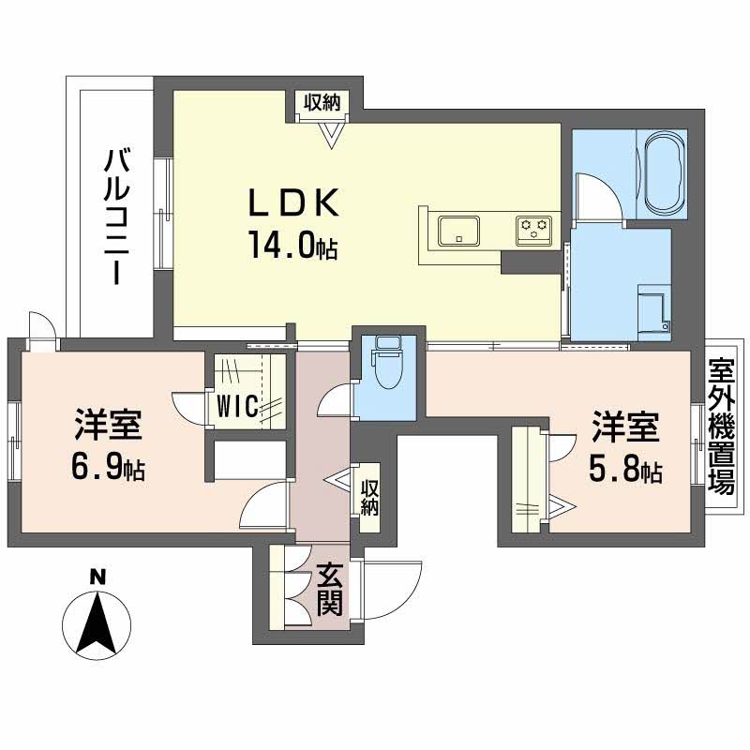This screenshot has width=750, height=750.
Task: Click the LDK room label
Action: click(x=293, y=202)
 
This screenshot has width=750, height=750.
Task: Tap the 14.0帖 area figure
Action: click(x=292, y=245)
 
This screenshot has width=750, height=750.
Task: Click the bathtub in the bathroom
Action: click(x=663, y=173)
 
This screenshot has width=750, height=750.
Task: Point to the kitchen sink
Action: click(x=459, y=231)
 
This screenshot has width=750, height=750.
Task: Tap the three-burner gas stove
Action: click(x=533, y=231)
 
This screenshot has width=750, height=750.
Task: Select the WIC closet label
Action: click(x=237, y=406)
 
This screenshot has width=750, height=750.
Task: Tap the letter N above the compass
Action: click(x=98, y=577)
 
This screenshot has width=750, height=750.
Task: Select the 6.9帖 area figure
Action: click(x=108, y=467)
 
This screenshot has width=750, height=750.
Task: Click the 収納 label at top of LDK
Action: click(x=322, y=102)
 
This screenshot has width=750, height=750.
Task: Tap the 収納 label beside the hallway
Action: click(x=369, y=498)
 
